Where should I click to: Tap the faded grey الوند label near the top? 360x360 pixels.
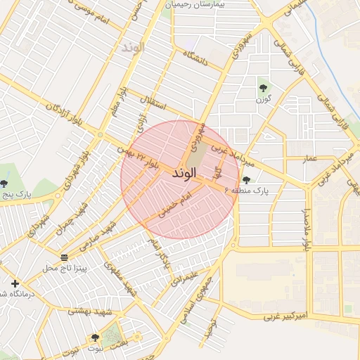(x=131, y=48)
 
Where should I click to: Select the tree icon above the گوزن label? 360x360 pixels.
(x=263, y=88)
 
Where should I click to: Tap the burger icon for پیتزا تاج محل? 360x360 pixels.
(x=64, y=257)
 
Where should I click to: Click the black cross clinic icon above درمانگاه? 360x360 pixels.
(x=15, y=283)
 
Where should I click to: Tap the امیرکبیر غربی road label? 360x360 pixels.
(x=285, y=318)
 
